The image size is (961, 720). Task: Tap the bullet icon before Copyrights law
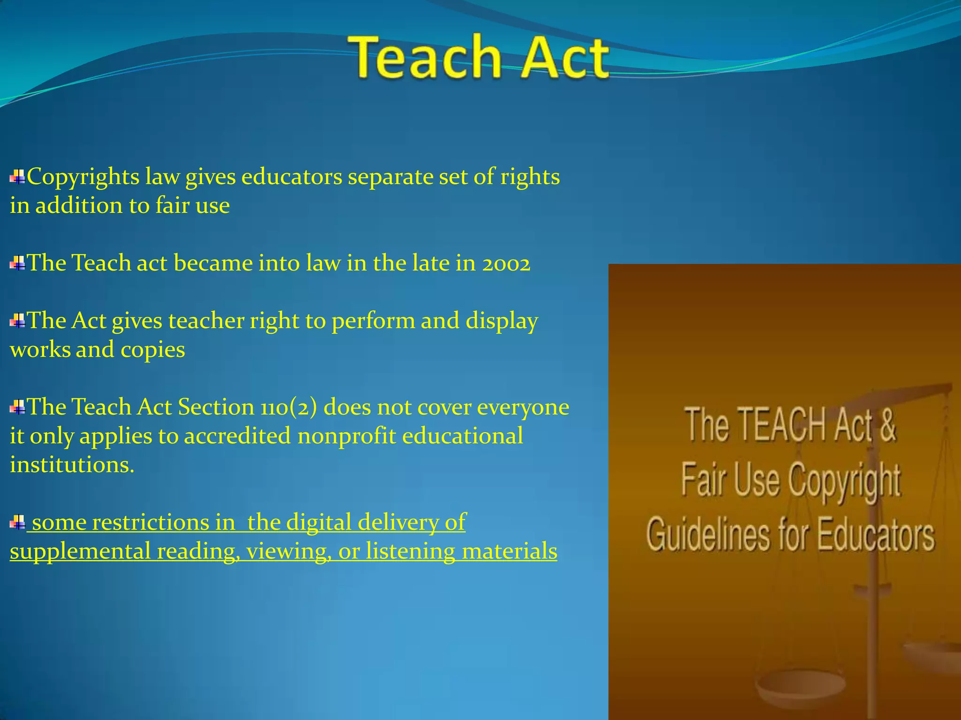(x=17, y=177)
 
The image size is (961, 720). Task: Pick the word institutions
(x=71, y=465)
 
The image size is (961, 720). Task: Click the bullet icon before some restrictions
(x=17, y=522)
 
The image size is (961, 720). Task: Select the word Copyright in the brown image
(x=844, y=481)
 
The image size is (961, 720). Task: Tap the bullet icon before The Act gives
(x=17, y=322)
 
